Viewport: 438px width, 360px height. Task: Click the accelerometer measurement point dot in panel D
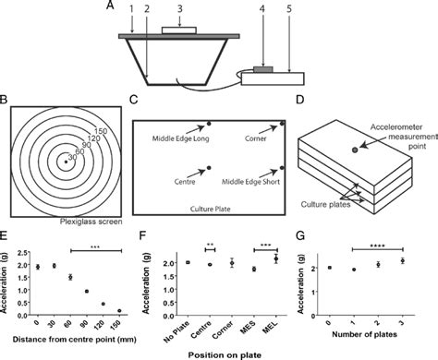click(x=354, y=149)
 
